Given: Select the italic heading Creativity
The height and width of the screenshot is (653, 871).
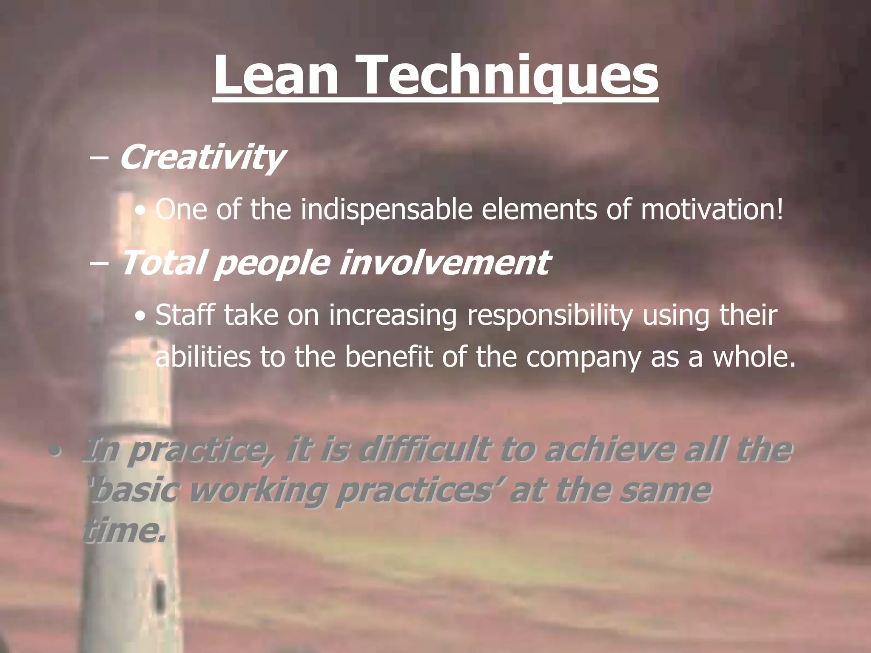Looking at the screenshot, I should [x=202, y=157].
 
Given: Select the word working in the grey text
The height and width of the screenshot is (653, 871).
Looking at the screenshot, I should [x=257, y=491].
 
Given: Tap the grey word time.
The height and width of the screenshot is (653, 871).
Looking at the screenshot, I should [x=123, y=531].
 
